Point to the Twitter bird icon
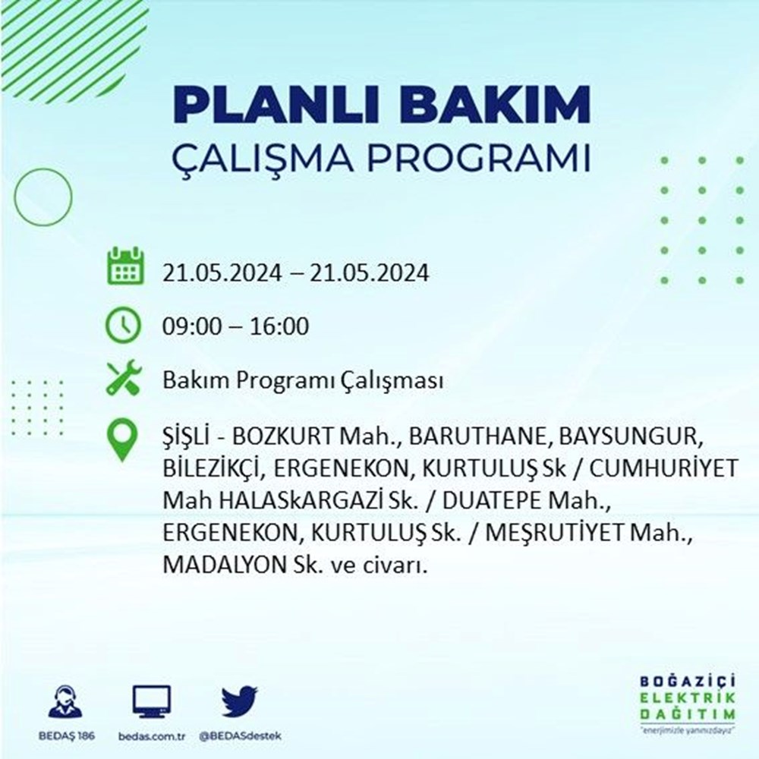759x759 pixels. pos(240,701)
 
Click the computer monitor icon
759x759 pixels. pos(152,701)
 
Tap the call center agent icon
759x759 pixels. pos(66,701)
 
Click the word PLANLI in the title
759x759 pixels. pos(280,105)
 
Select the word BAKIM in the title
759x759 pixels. pos(494,105)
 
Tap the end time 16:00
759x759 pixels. pos(279,326)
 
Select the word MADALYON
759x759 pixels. pos(224,565)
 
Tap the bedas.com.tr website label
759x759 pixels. pos(152,736)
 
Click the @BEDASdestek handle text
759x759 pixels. pos(240,736)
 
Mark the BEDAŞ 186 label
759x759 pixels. pos(66,736)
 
